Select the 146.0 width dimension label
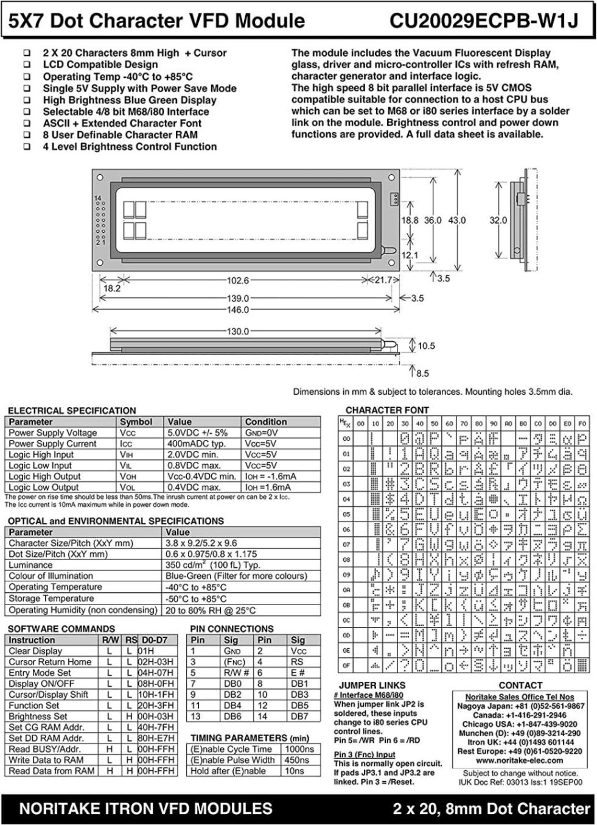(238, 310)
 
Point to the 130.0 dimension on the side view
(238, 332)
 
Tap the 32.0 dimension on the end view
(498, 220)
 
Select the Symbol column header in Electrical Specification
(136, 422)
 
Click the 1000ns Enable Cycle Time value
(299, 749)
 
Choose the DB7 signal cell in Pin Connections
(299, 717)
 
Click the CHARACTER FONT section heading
(387, 410)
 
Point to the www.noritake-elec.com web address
(519, 760)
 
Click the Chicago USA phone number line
(519, 724)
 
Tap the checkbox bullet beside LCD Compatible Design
(27, 65)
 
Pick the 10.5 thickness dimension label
(426, 346)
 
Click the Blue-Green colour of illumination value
(236, 576)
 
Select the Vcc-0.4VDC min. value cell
(201, 476)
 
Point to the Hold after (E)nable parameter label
(228, 771)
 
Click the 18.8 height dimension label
(410, 220)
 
